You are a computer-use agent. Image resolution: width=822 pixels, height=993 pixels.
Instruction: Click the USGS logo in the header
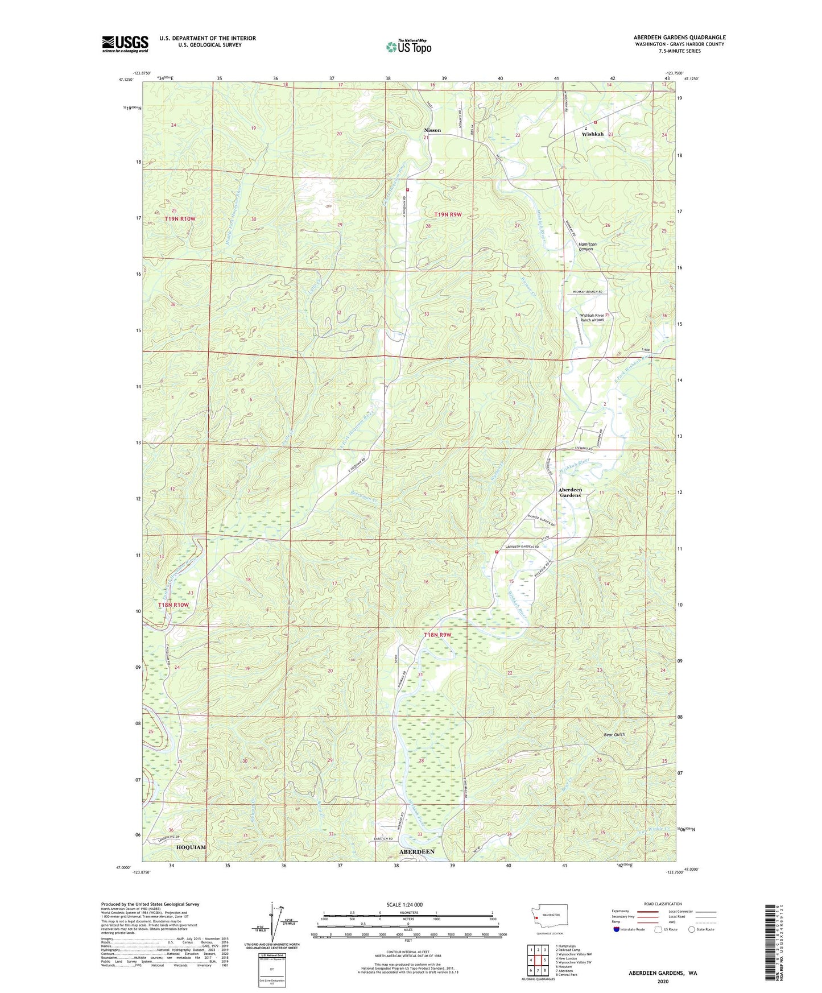pyautogui.click(x=125, y=44)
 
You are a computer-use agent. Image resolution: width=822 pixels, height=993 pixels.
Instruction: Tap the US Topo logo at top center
pyautogui.click(x=408, y=46)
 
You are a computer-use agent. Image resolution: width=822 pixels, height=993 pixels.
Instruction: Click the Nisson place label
pyautogui.click(x=432, y=130)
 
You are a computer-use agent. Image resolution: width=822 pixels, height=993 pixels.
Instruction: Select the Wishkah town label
pyautogui.click(x=593, y=134)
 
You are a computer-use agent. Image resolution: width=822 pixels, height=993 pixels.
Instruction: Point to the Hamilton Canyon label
pyautogui.click(x=586, y=246)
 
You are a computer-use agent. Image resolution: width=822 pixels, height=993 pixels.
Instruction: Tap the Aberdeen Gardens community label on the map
pyautogui.click(x=570, y=493)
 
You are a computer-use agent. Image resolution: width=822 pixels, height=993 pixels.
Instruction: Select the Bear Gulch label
pyautogui.click(x=614, y=734)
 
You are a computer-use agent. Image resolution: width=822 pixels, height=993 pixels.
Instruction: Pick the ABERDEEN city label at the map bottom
pyautogui.click(x=417, y=851)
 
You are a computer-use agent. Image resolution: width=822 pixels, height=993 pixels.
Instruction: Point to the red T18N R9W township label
pyautogui.click(x=437, y=635)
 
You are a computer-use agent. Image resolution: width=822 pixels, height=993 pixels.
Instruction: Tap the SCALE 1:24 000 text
pyautogui.click(x=404, y=905)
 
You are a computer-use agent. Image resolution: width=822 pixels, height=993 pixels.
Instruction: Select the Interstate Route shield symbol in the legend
pyautogui.click(x=617, y=929)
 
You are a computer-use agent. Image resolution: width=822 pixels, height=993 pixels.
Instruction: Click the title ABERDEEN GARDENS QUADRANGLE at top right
pyautogui.click(x=679, y=38)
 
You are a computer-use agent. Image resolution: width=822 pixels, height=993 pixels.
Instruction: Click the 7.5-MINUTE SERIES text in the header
pyautogui.click(x=681, y=51)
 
